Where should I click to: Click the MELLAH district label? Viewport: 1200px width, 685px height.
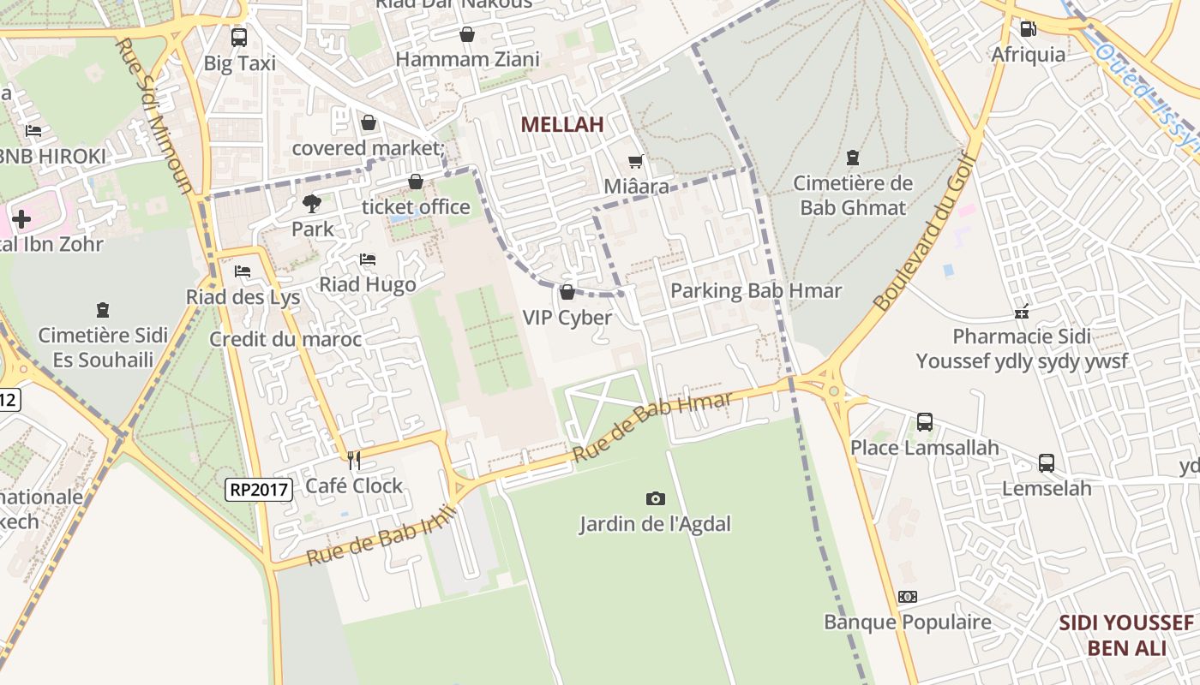point(561,124)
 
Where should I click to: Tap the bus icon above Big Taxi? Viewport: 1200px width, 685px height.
point(239,38)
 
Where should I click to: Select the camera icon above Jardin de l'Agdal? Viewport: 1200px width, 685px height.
point(655,498)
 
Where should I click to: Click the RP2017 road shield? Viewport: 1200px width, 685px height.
point(260,490)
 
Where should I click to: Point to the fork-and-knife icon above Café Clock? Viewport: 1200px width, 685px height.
point(353,461)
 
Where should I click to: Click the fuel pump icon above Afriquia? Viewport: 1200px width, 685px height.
point(1028,29)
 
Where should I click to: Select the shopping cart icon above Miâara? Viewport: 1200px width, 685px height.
point(635,161)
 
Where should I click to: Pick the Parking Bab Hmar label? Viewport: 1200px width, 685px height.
point(756,291)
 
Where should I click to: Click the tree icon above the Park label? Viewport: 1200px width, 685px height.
point(312,204)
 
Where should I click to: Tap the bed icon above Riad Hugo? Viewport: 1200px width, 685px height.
point(368,259)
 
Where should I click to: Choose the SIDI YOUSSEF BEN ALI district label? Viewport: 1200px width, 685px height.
point(1126,634)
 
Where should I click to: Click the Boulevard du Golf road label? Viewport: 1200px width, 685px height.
point(926,232)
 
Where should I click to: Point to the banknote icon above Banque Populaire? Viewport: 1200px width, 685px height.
point(907,597)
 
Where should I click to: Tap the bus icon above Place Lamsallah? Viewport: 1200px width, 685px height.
point(924,421)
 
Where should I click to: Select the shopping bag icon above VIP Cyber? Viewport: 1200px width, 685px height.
point(567,292)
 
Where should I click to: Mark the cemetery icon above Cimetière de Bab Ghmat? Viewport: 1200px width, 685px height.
point(852,158)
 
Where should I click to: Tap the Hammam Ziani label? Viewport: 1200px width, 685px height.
point(467,59)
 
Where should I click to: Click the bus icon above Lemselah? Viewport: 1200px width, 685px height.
point(1047,463)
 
